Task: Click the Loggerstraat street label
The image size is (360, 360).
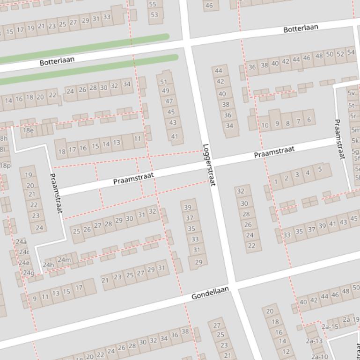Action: tap(209, 165)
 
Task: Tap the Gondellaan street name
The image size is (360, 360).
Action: tap(210, 293)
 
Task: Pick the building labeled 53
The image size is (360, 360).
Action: tap(154, 15)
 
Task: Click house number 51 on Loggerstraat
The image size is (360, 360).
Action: tap(164, 82)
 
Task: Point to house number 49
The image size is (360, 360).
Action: tap(166, 91)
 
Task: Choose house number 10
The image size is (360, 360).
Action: tap(265, 125)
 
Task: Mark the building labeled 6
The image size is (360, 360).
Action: tap(309, 120)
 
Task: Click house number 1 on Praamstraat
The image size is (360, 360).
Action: tap(276, 181)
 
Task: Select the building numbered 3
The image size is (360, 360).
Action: tap(297, 175)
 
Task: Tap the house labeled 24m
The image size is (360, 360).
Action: tap(64, 260)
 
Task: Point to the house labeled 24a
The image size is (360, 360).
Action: tap(21, 242)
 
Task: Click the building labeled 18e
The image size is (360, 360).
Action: tap(28, 130)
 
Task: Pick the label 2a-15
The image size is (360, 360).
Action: tap(330, 327)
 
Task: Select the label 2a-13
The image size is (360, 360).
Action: tap(314, 341)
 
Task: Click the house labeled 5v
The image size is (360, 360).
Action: tap(352, 93)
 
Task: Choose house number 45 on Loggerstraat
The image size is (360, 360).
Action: tap(171, 112)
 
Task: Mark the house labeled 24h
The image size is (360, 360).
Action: tap(48, 265)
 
